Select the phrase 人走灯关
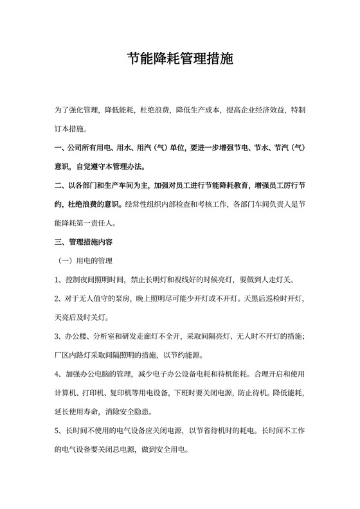(278, 280)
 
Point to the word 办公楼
(75, 336)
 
